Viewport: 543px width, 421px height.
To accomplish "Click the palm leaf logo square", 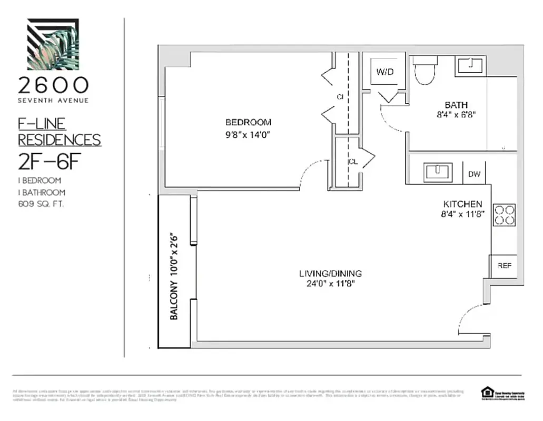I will (x=53, y=44).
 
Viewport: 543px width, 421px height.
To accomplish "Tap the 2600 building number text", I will (x=53, y=85).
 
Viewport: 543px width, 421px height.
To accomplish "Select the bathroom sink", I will (x=470, y=66).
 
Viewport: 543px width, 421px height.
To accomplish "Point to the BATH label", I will (x=456, y=105).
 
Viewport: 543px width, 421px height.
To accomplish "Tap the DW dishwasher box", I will (x=474, y=174).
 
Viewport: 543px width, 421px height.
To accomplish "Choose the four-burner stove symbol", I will (x=504, y=215).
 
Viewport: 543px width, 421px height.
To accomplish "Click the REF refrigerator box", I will (x=504, y=266).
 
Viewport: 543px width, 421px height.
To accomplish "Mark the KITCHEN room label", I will (x=462, y=204).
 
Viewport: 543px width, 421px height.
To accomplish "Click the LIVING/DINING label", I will (x=330, y=273).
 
